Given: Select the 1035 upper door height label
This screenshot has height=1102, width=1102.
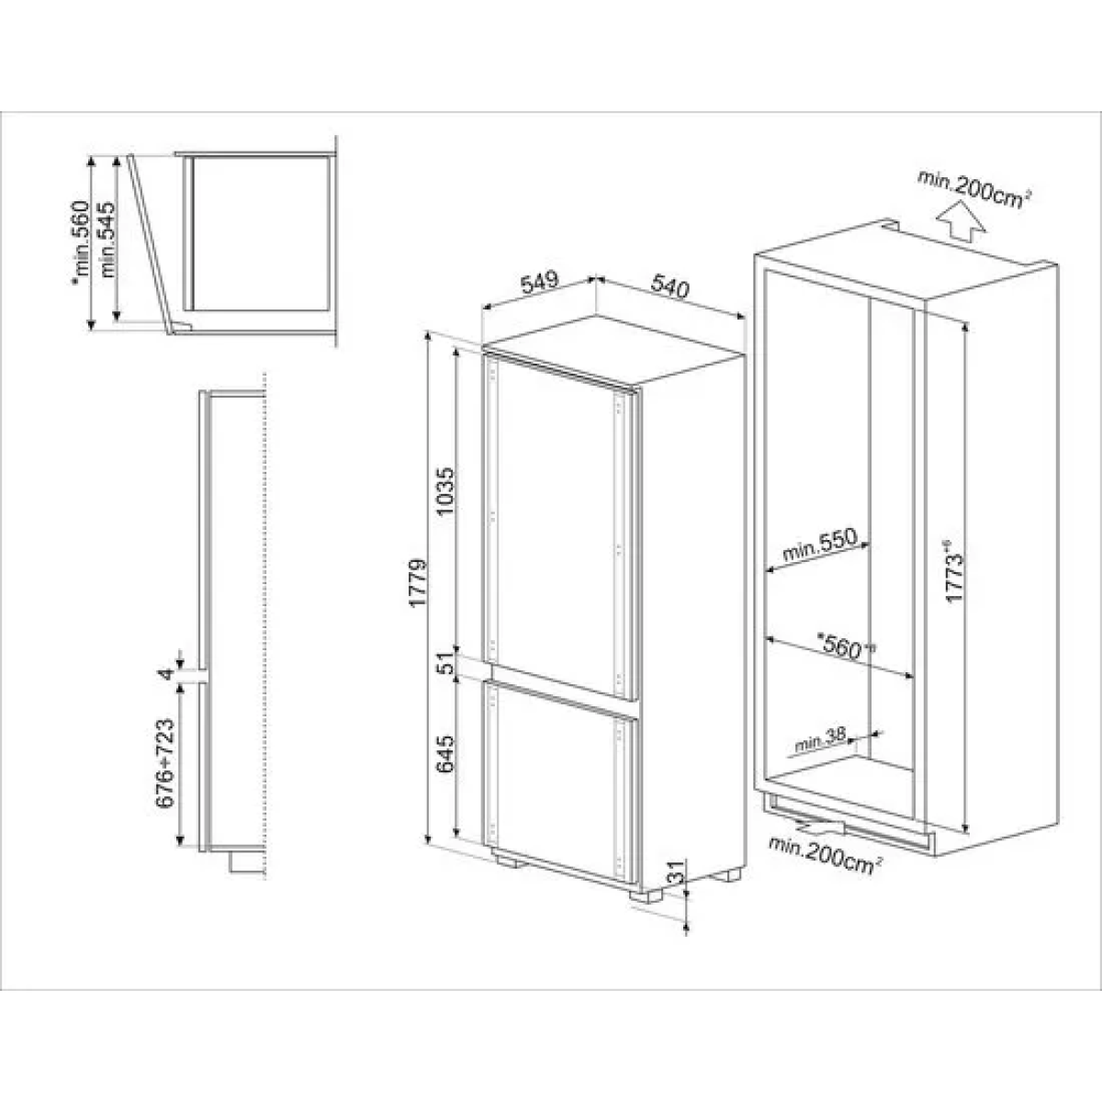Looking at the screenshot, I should pyautogui.click(x=446, y=493).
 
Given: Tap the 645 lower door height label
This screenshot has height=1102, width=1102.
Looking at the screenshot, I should pyautogui.click(x=446, y=756).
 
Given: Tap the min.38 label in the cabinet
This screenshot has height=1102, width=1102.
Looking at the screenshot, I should pyautogui.click(x=821, y=742).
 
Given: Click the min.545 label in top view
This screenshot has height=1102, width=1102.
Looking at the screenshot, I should pyautogui.click(x=108, y=242).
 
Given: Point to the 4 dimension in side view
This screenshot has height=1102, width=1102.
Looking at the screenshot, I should pyautogui.click(x=166, y=674).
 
